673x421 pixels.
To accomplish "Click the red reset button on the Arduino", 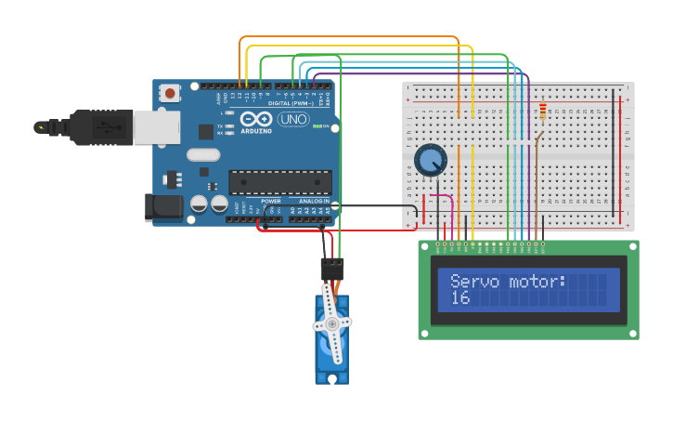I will (170, 93).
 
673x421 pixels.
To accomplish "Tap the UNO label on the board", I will (293, 120).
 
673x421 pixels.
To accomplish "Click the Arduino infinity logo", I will (255, 119).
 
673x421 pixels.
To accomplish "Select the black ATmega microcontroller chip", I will (279, 183).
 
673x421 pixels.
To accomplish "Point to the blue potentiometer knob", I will (430, 160).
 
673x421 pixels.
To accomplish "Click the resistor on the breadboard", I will (542, 112).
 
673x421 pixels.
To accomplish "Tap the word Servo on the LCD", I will (474, 282).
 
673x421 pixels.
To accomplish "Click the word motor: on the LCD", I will (537, 282).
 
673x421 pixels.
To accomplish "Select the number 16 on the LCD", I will (460, 297).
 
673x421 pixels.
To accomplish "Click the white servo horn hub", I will (331, 324).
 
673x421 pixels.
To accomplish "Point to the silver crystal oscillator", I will (203, 155).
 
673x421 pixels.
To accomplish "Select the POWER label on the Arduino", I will (271, 201).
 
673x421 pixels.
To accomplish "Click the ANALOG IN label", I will (314, 201).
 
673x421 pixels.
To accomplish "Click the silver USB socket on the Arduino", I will (156, 127).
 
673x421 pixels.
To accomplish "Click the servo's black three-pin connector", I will (331, 270).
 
